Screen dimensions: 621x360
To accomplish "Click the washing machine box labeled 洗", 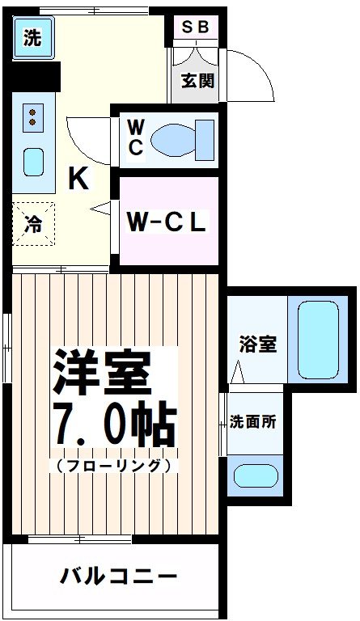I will click(32, 38).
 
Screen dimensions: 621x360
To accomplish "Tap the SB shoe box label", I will click(195, 27).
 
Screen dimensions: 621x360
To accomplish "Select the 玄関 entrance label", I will click(197, 82).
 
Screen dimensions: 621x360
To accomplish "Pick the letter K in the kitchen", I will click(78, 178).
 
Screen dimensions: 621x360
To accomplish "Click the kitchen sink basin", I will click(33, 162).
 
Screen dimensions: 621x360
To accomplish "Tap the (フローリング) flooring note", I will click(113, 467).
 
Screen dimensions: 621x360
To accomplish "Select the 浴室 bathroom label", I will click(257, 344).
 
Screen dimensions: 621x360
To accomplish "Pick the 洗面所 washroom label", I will click(255, 421).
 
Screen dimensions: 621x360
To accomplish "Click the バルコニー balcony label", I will click(118, 577).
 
